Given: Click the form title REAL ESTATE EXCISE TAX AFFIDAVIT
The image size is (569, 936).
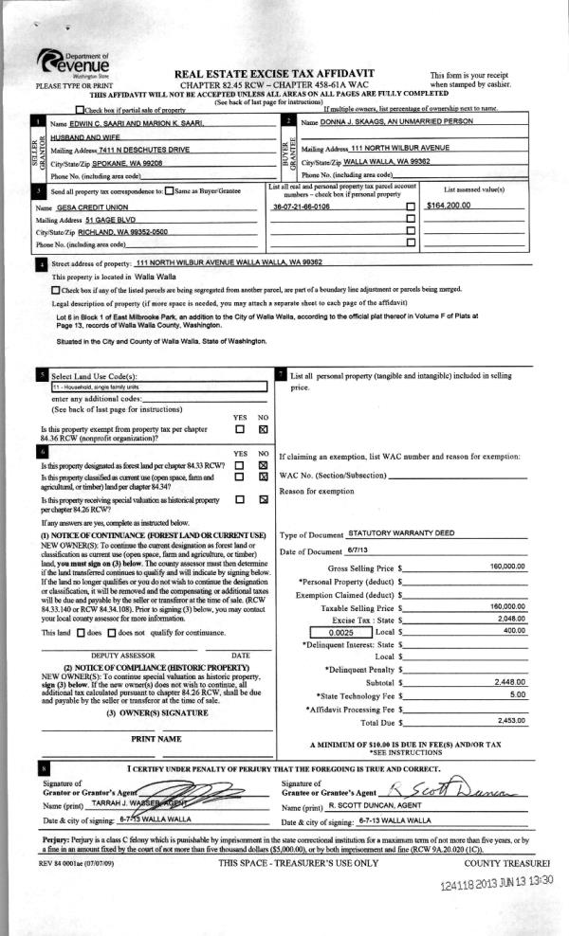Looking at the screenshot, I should tap(275, 73).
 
